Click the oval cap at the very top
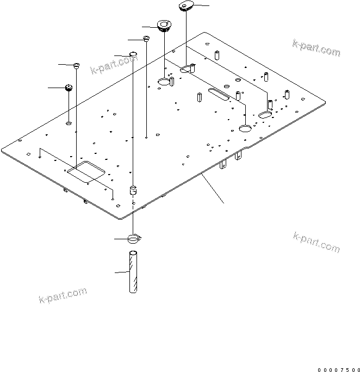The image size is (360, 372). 186,7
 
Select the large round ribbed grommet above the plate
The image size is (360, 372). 163,26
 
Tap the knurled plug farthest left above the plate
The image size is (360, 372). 69,88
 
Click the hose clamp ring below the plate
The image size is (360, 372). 134,239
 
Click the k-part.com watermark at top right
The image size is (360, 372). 316,48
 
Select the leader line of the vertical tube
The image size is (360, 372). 122,272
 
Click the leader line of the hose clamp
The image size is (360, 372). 121,239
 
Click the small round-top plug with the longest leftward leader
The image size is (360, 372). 77,66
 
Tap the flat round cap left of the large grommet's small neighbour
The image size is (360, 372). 133,53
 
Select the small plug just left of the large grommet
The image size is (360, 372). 146,38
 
